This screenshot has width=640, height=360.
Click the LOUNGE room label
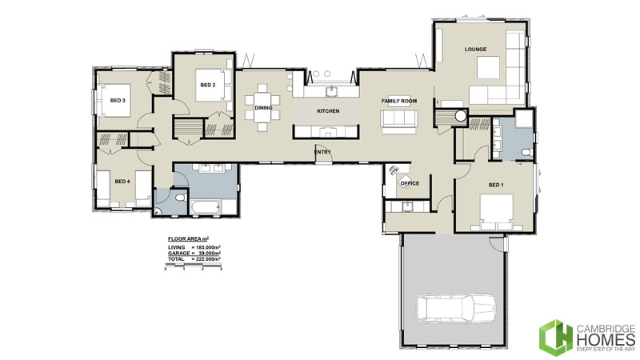[x=475, y=50]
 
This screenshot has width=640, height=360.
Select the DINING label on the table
[x=263, y=108]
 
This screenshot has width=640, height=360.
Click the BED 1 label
[x=497, y=186]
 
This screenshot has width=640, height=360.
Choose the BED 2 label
[x=207, y=85]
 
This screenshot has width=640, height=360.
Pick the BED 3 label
[x=118, y=101]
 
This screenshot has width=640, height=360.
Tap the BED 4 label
[x=122, y=182]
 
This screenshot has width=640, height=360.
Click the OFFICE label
[x=410, y=183]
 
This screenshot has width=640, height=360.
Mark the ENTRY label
[x=323, y=151]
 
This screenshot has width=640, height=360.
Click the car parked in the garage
[x=454, y=308]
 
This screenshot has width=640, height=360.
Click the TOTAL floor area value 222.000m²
[x=206, y=261]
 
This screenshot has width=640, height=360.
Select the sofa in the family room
[x=398, y=120]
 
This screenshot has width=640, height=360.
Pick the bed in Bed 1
[x=496, y=212]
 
